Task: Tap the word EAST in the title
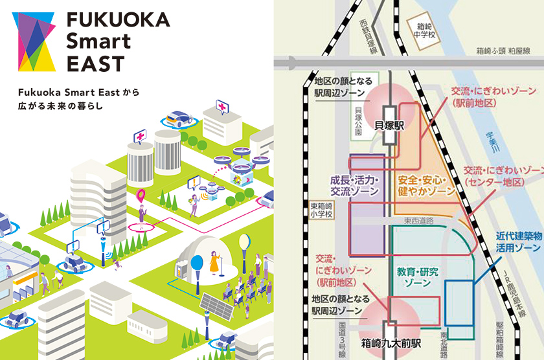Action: point(95,63)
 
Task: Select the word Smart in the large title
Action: point(98,41)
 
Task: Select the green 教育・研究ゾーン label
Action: point(417,278)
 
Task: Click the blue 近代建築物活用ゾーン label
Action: point(518,242)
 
